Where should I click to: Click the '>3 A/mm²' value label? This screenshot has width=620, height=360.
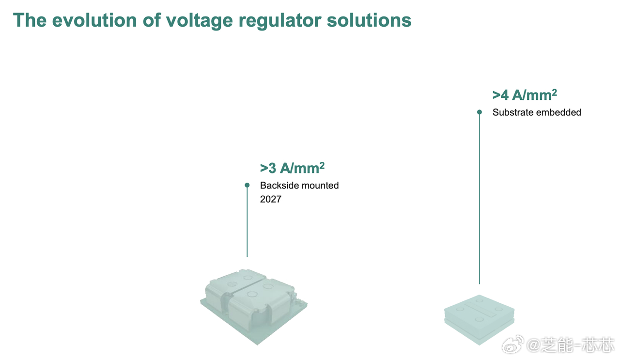[292, 168]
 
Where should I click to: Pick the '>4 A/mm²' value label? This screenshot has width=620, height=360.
[525, 94]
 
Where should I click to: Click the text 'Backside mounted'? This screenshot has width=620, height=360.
[299, 185]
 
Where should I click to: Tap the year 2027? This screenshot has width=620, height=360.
[270, 199]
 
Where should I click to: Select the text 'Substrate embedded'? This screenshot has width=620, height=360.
[537, 112]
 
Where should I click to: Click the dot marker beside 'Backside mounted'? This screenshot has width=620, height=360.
[247, 185]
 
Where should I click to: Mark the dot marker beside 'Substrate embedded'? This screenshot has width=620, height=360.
[480, 112]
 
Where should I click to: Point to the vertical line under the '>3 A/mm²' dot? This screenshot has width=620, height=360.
[247, 223]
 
